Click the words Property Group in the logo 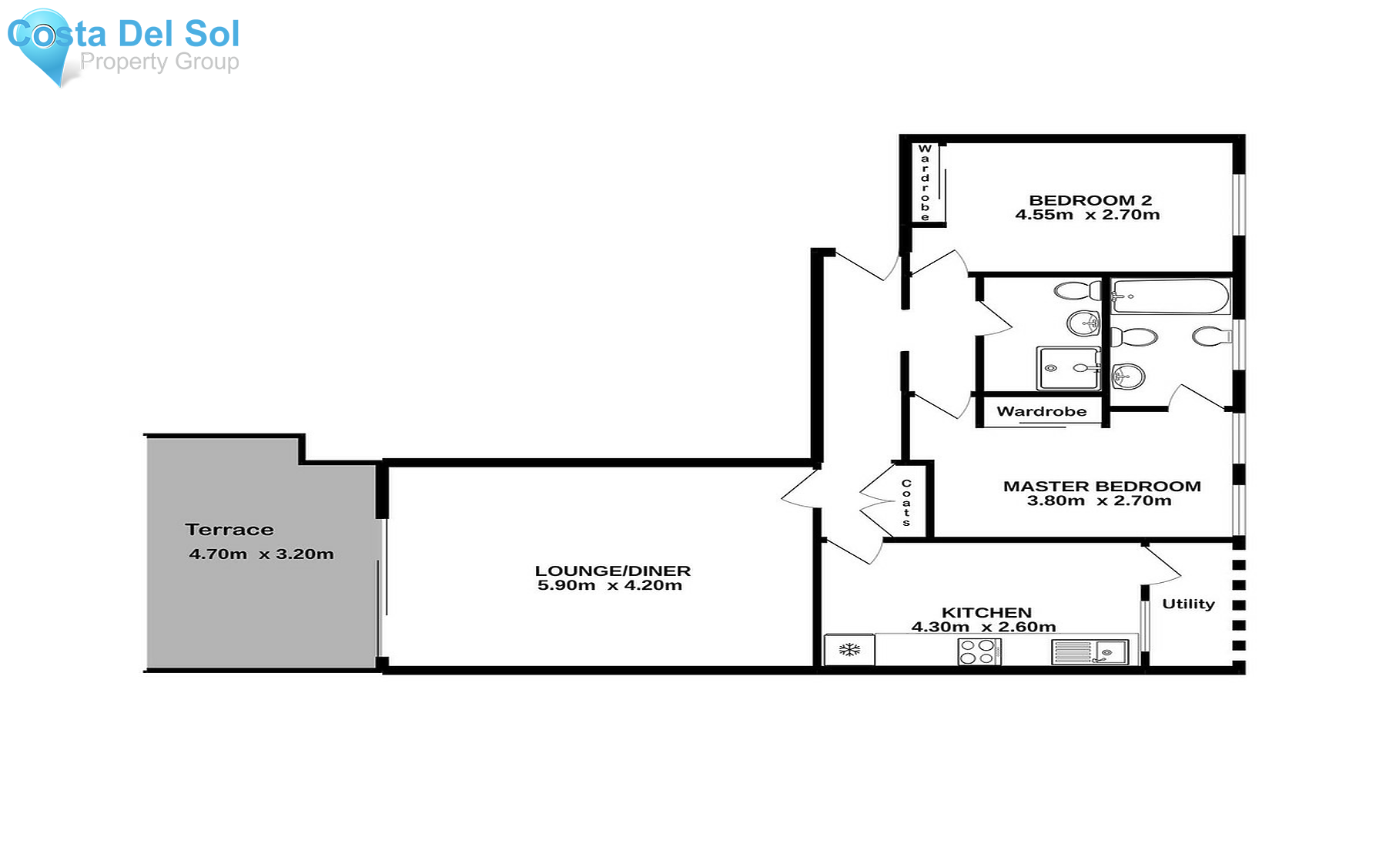159,62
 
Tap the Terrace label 229,530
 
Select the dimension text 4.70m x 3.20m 261,554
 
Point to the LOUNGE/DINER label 613,571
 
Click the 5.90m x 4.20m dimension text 610,585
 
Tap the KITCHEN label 986,612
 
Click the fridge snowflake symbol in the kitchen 849,650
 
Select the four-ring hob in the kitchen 979,651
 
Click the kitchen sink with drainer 1090,652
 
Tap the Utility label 1188,604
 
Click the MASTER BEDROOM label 1102,486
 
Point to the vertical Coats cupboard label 906,503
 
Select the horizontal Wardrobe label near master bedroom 1041,412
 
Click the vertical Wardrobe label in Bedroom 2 925,182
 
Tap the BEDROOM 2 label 1090,200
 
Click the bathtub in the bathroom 1170,296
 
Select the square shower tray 1067,368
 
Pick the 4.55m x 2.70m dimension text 1087,216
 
